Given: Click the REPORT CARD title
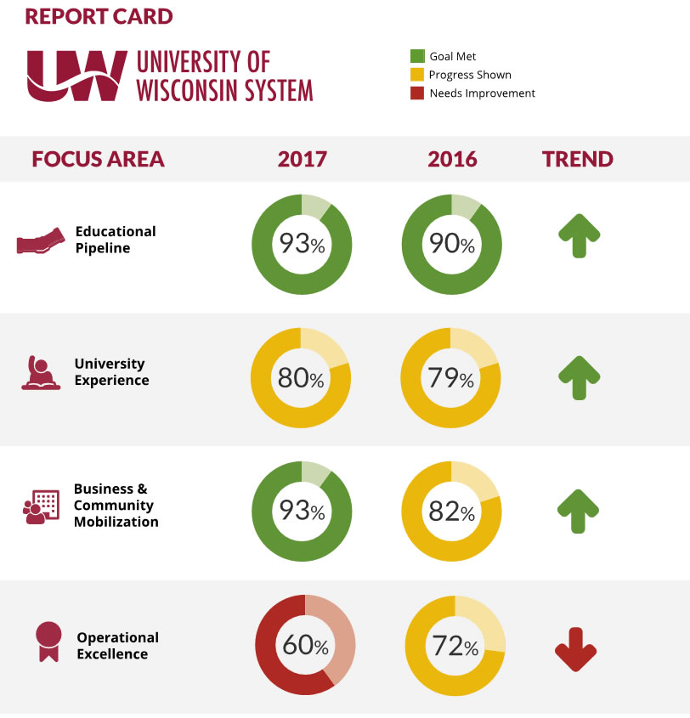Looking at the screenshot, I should [x=99, y=17].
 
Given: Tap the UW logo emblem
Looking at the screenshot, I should [x=76, y=76].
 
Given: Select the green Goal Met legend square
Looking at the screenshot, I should [x=416, y=56].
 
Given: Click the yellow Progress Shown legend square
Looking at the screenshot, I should [x=416, y=75].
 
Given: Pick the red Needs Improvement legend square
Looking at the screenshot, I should [x=416, y=93].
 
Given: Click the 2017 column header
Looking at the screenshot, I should [x=302, y=159].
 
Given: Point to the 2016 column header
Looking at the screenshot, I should [x=452, y=159].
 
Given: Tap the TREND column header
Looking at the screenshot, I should [x=578, y=159].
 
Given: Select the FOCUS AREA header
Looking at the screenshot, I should [x=98, y=159].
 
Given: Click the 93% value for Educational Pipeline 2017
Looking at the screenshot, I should [x=303, y=245].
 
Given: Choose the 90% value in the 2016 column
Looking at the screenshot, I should [x=452, y=245].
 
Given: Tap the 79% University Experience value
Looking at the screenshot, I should [x=451, y=378].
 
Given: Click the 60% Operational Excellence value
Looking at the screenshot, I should [x=305, y=646].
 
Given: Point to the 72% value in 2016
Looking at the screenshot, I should [x=455, y=646].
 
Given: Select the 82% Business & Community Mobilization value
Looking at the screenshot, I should [x=452, y=512].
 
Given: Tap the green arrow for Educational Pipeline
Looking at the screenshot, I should [x=579, y=235].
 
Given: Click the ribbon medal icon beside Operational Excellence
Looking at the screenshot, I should [x=48, y=642].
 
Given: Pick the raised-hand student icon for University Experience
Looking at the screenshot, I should [x=40, y=373].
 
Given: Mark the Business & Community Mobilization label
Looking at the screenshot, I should [x=116, y=506].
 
